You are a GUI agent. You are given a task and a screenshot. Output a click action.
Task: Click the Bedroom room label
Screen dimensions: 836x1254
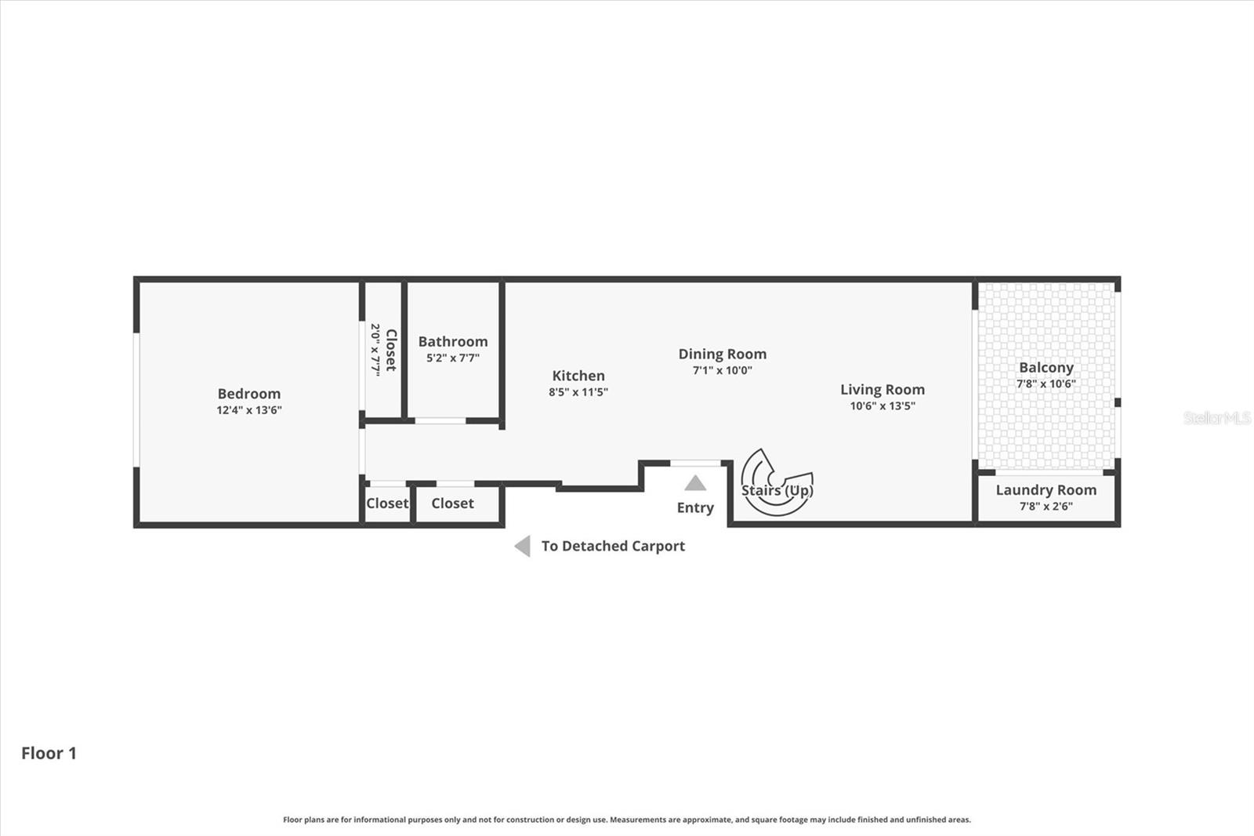(x=248, y=394)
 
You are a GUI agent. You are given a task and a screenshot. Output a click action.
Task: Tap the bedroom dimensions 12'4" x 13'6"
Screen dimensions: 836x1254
(x=248, y=410)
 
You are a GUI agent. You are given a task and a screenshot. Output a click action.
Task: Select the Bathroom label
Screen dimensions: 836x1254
(x=452, y=341)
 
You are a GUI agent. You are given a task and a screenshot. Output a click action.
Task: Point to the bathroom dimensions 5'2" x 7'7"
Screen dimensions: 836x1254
(x=452, y=358)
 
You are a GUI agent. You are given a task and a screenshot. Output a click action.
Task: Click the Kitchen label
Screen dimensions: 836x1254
(x=578, y=376)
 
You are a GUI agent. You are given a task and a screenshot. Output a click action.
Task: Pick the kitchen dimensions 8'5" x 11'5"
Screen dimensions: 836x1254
(x=578, y=392)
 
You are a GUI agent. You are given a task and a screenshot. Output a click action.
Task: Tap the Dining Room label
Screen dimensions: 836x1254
(x=722, y=354)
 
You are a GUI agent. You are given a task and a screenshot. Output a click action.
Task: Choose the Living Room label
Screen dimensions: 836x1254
(x=883, y=389)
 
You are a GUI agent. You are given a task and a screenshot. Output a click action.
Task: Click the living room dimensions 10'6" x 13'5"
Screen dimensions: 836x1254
(x=883, y=406)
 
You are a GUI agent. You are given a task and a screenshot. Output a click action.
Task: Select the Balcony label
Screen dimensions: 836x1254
(x=1046, y=367)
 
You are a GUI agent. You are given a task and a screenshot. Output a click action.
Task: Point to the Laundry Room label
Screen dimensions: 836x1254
(x=1046, y=490)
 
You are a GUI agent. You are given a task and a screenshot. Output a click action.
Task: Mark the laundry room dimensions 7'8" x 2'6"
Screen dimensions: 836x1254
(x=1046, y=507)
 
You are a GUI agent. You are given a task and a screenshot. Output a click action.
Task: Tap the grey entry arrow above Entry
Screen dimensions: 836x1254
(x=695, y=483)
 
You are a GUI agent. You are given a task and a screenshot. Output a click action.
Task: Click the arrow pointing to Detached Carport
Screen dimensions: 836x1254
(x=522, y=546)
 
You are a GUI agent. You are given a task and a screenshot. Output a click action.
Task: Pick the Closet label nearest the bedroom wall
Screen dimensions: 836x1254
(x=387, y=503)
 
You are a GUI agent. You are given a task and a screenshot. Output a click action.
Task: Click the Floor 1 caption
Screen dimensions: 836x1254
(x=49, y=753)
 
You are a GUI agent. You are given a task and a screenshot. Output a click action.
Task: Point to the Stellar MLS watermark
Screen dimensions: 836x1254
(x=1217, y=418)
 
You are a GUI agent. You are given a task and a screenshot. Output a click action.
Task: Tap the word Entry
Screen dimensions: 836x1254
(x=695, y=508)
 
